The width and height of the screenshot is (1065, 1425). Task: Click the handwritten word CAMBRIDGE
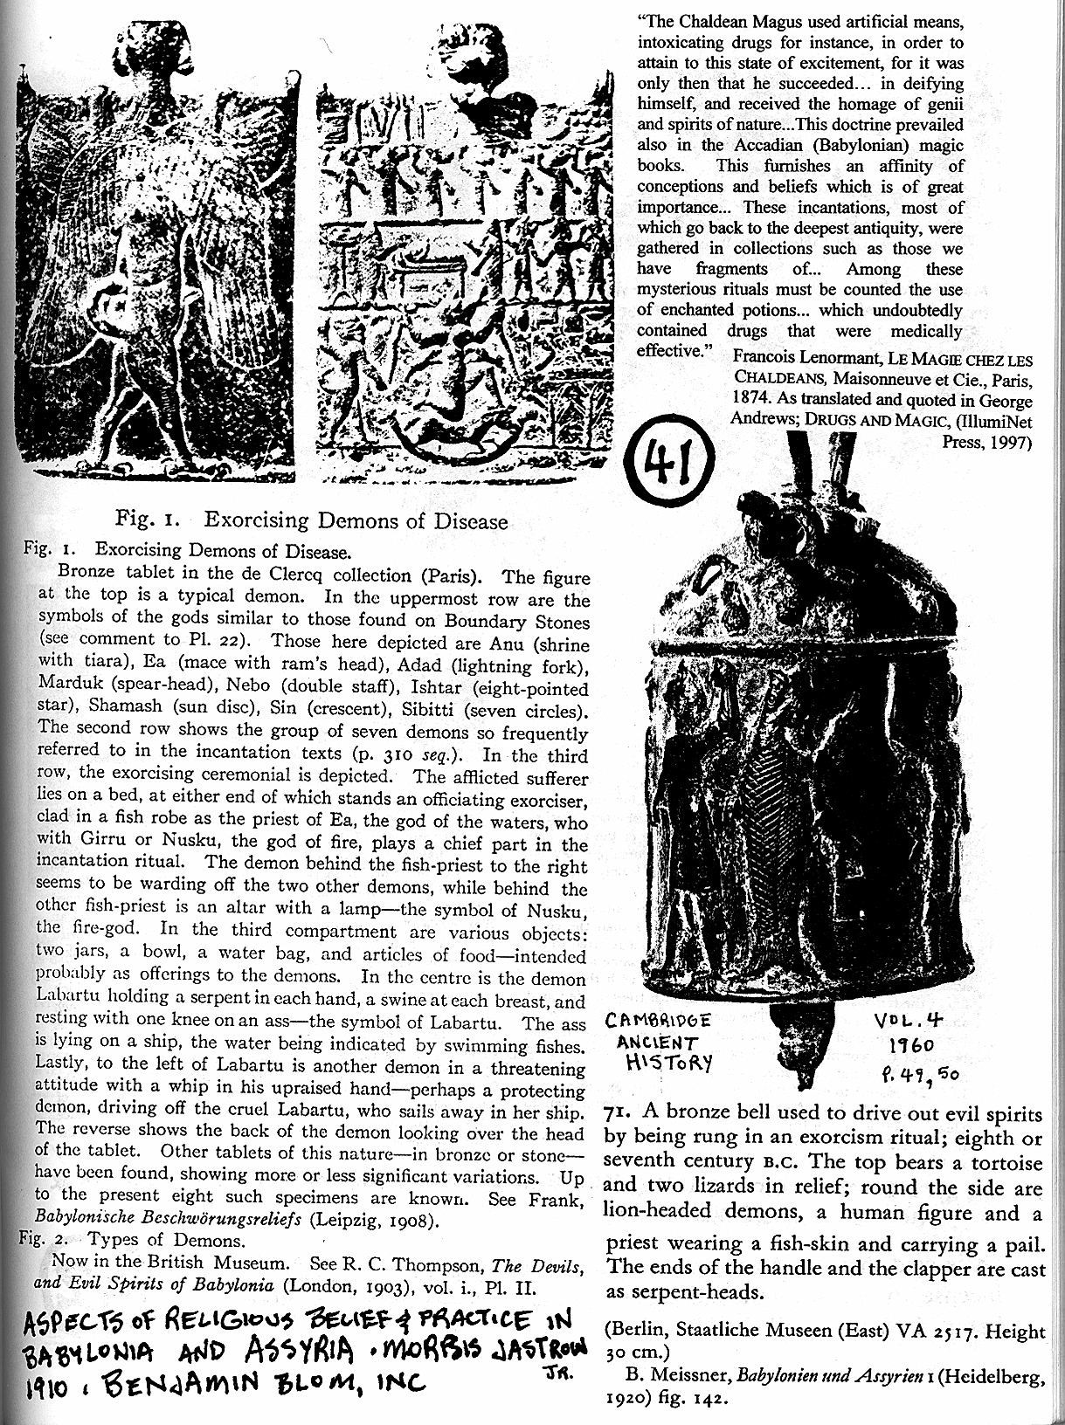660,1021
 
